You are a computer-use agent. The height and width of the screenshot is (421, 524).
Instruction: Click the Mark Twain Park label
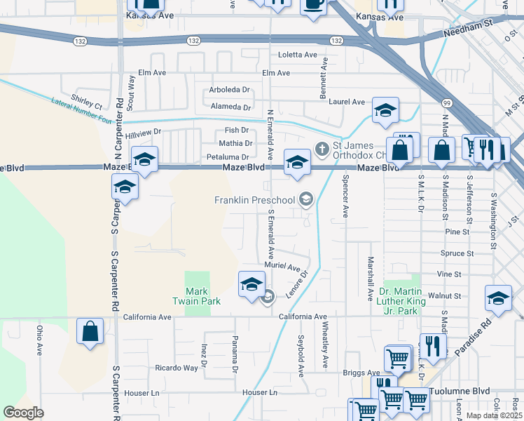[203, 296]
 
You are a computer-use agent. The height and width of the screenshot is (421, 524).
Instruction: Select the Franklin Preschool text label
[255, 201]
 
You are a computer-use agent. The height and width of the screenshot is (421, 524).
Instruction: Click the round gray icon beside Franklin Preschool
[305, 201]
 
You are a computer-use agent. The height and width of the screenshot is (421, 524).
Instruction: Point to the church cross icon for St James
[322, 148]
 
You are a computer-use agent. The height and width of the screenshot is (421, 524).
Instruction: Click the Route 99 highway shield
[447, 103]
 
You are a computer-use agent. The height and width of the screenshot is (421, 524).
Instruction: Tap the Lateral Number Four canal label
[82, 111]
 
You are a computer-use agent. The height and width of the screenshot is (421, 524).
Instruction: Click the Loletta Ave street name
[297, 55]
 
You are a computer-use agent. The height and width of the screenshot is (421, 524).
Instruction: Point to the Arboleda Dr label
[230, 90]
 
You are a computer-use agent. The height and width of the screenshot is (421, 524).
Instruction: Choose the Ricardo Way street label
[177, 368]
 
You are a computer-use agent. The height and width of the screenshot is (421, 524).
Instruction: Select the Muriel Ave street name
[282, 267]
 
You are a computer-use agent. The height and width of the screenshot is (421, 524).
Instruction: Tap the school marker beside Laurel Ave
[385, 110]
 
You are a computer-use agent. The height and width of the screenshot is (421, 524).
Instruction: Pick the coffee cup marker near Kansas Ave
[313, 4]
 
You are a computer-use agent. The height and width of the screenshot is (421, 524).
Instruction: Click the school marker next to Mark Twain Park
[252, 284]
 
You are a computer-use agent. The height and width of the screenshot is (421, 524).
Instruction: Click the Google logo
[23, 413]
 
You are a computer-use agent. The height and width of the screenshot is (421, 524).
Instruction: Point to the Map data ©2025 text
[494, 415]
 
